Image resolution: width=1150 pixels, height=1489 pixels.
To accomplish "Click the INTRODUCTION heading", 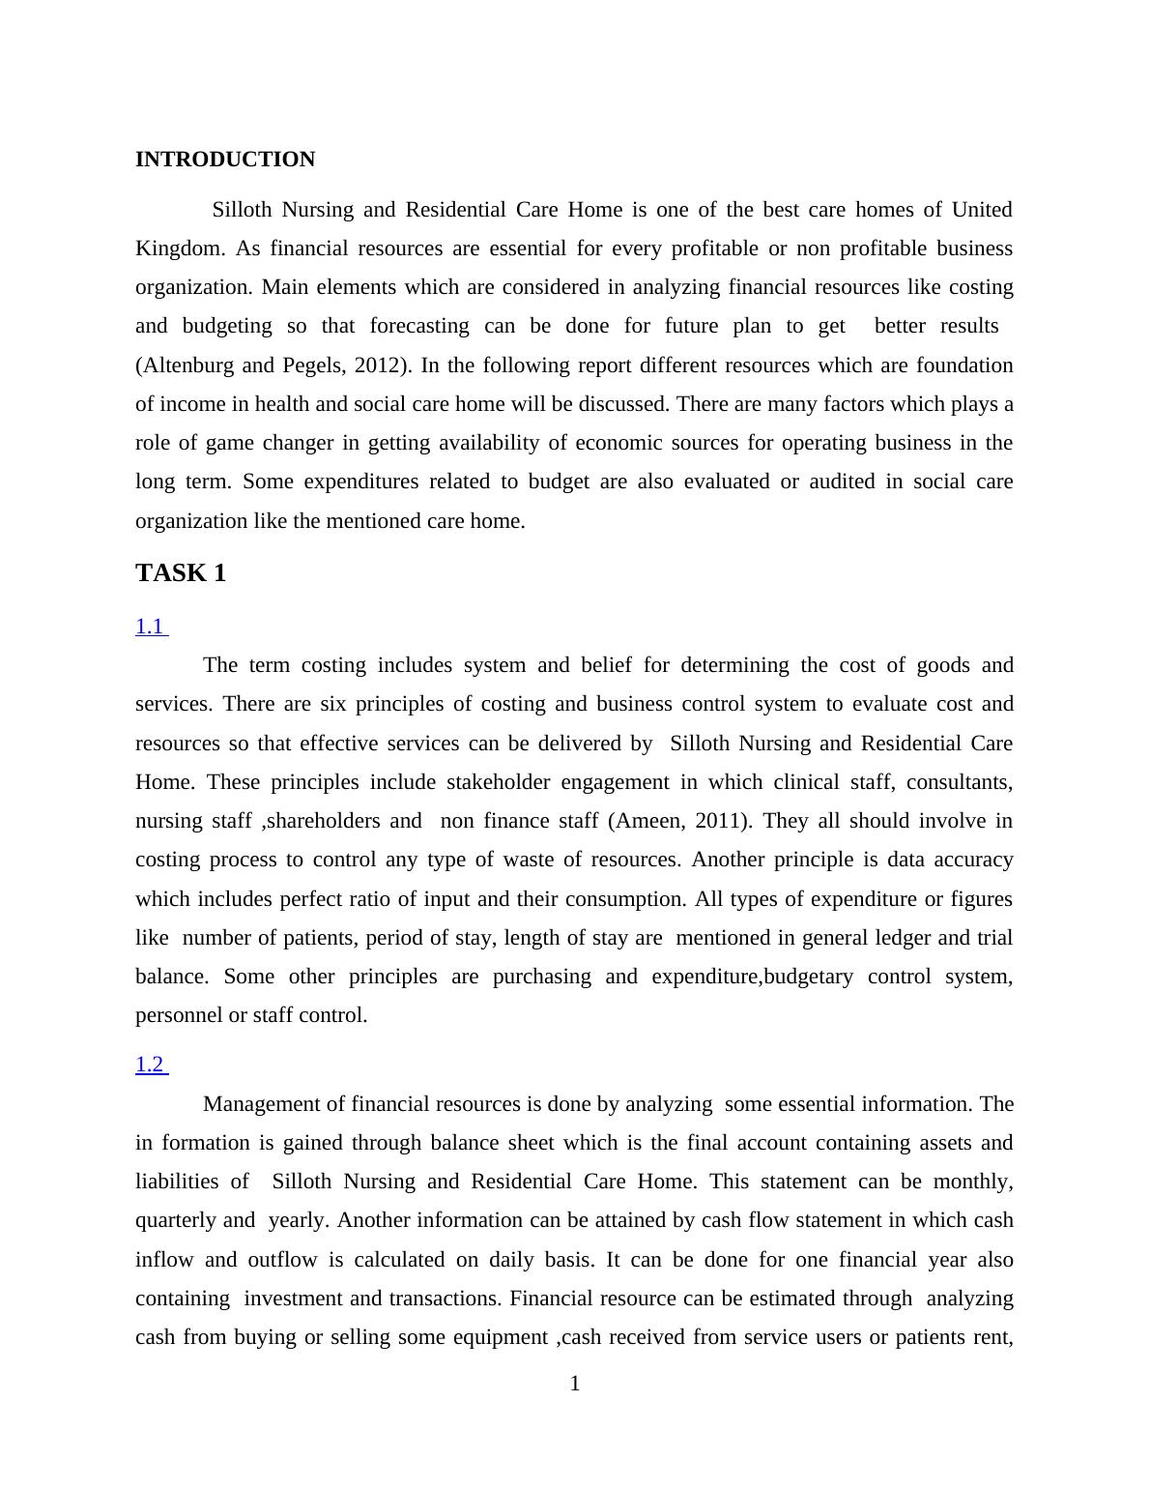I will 225,160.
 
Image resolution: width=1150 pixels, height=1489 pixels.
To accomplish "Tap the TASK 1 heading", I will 181,573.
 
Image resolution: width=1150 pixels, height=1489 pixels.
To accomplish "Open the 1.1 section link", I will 150,627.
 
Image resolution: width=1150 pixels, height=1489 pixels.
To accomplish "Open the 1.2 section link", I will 150,1065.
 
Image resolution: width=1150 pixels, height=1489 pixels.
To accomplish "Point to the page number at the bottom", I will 575,1384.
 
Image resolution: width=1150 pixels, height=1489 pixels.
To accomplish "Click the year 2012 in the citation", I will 377,365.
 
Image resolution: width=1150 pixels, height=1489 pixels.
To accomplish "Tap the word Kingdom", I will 178,248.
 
